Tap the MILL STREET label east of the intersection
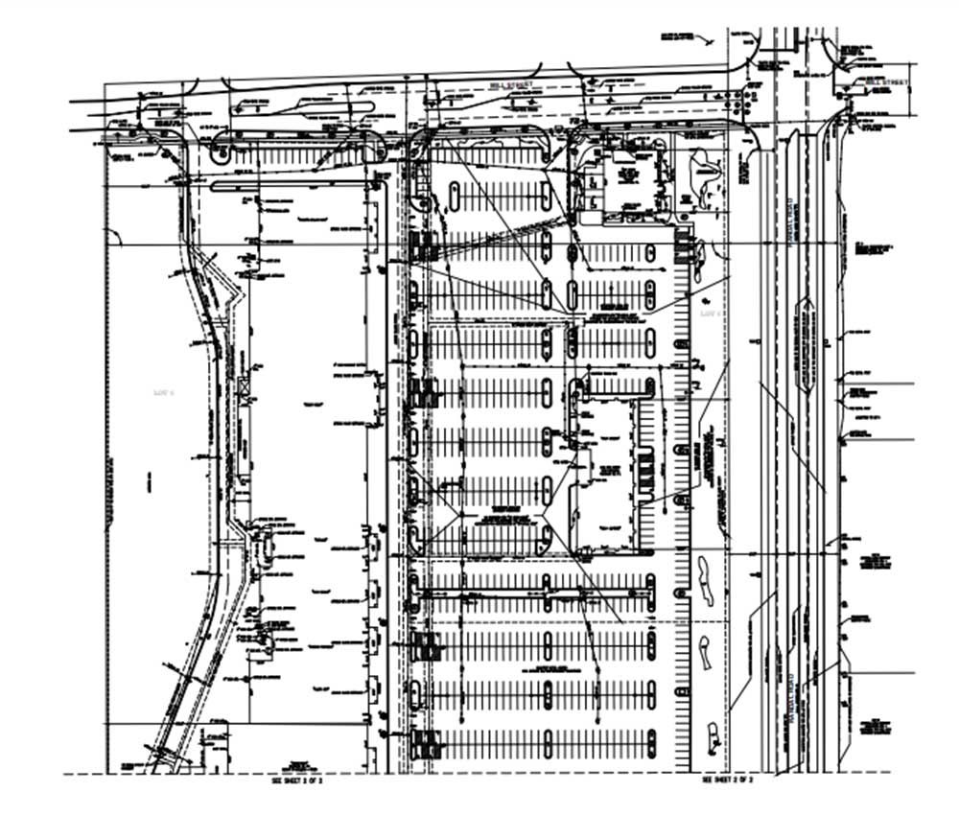pos(885,83)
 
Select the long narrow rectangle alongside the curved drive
pos(244,442)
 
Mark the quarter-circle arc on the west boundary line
pos(112,236)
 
